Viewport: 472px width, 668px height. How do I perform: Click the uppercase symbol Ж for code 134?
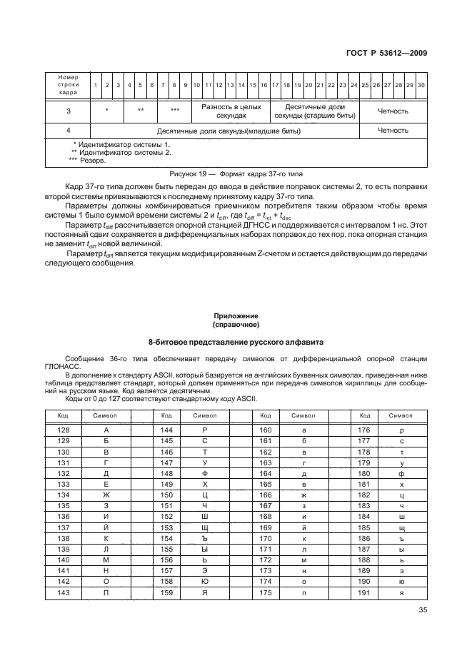tap(106, 495)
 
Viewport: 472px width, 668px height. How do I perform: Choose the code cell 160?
tap(265, 430)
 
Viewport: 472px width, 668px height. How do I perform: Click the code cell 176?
tap(364, 430)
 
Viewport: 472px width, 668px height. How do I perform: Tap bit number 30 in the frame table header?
tap(421, 85)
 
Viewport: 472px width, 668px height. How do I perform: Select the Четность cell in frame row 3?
tap(393, 111)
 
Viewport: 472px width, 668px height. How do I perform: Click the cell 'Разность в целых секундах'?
tap(229, 111)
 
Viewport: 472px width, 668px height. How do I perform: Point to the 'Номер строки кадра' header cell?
tap(68, 85)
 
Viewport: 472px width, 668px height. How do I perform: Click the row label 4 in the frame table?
tap(68, 131)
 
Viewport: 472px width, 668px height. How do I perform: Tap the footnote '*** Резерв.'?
tap(87, 161)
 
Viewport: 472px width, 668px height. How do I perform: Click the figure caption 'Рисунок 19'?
tap(236, 173)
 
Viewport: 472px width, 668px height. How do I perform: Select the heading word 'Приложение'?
tap(236, 315)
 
